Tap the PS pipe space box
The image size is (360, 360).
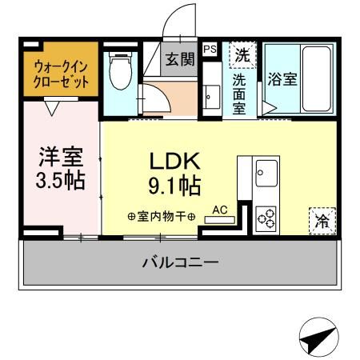(x=210, y=50)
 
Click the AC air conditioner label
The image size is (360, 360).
(x=220, y=210)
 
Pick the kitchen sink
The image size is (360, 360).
(x=265, y=170)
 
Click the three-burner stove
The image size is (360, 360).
(x=265, y=216)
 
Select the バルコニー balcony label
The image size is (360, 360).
(x=180, y=262)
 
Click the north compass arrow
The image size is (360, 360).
(x=315, y=338)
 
